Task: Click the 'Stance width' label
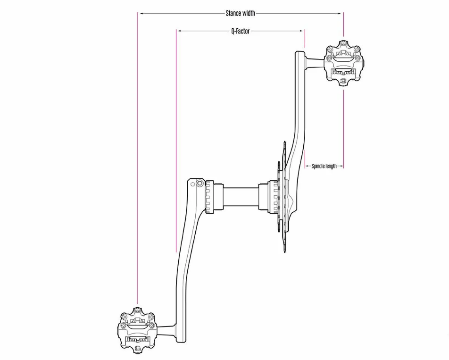coord(240,14)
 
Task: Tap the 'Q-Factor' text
coord(240,31)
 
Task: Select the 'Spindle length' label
coord(324,166)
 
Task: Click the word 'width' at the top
coord(249,14)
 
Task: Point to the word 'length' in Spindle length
coord(331,166)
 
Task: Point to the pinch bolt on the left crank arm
coord(200,183)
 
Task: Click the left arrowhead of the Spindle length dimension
coord(308,166)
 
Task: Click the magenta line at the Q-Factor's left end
coord(176,142)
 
